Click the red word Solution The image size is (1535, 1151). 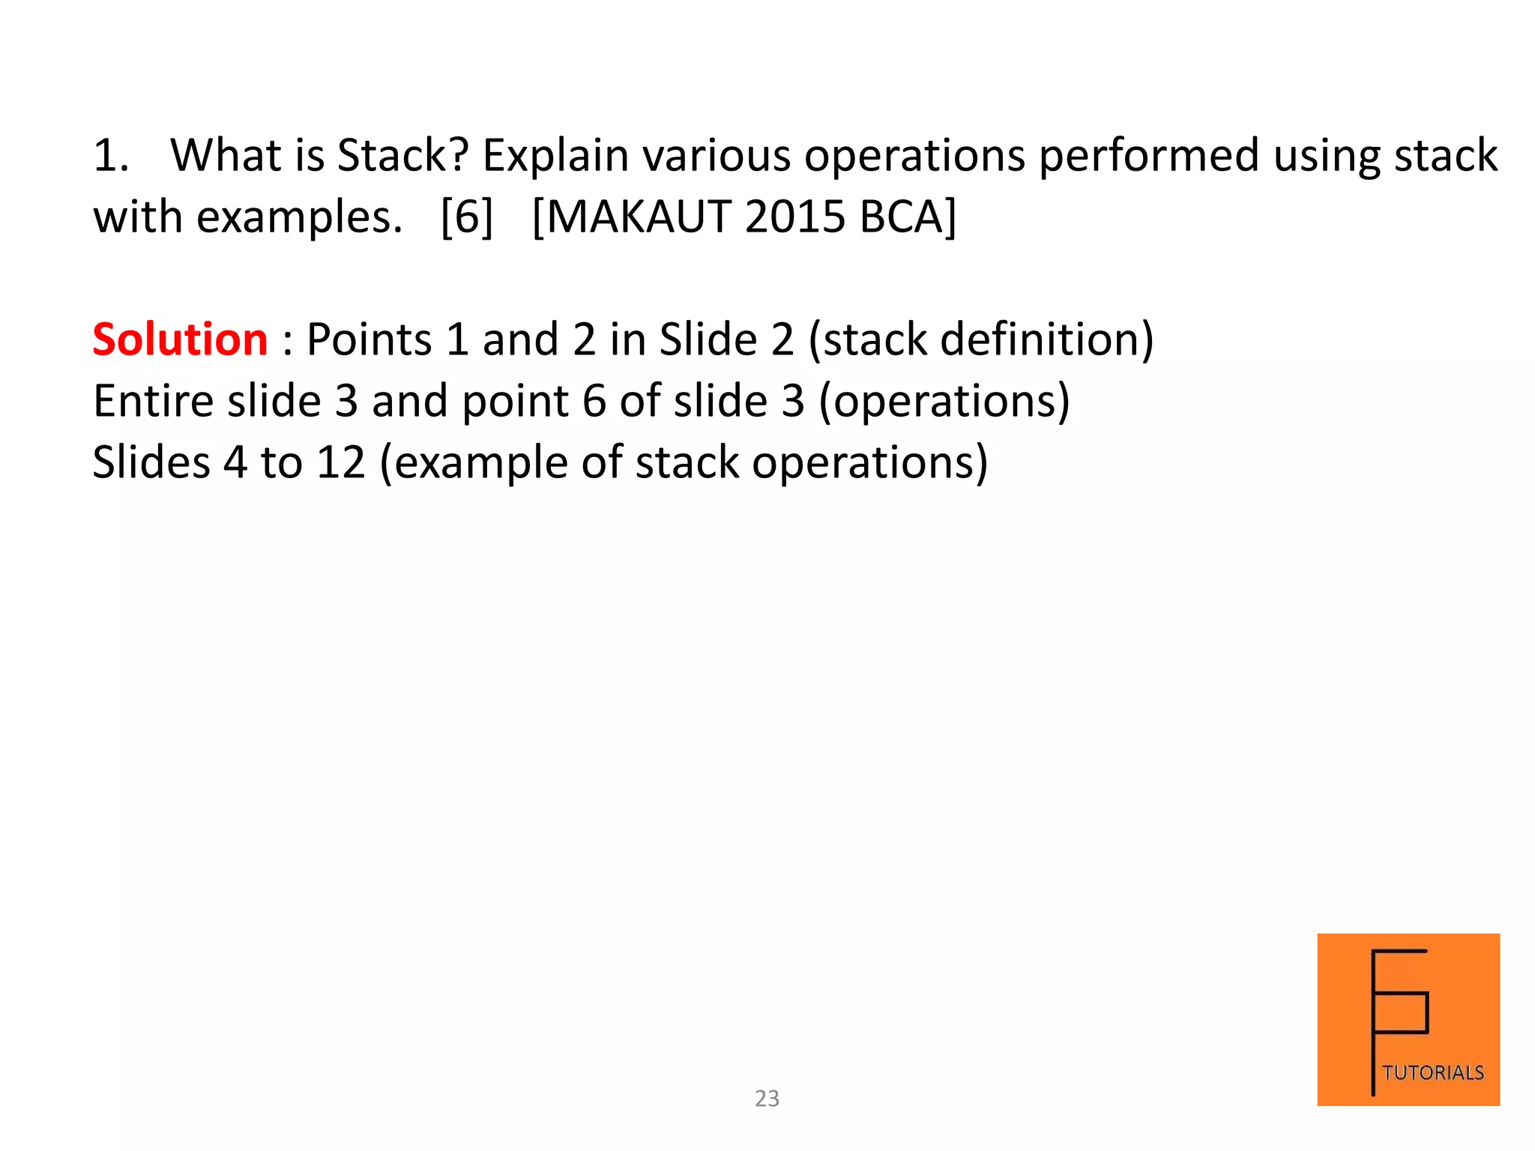coord(180,339)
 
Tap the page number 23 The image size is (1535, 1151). coord(767,1099)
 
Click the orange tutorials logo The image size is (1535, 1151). coord(1408,1019)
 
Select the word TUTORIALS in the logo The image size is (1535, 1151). coord(1433,1073)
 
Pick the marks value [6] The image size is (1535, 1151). coord(467,217)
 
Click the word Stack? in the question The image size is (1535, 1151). coord(402,156)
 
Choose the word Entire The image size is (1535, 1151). coord(154,401)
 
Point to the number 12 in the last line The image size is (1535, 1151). coord(340,462)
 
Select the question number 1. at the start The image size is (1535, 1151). coord(111,156)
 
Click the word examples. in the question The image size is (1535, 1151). coord(300,217)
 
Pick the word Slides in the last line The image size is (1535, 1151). coord(151,462)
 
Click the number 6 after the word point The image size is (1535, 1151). coord(594,401)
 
